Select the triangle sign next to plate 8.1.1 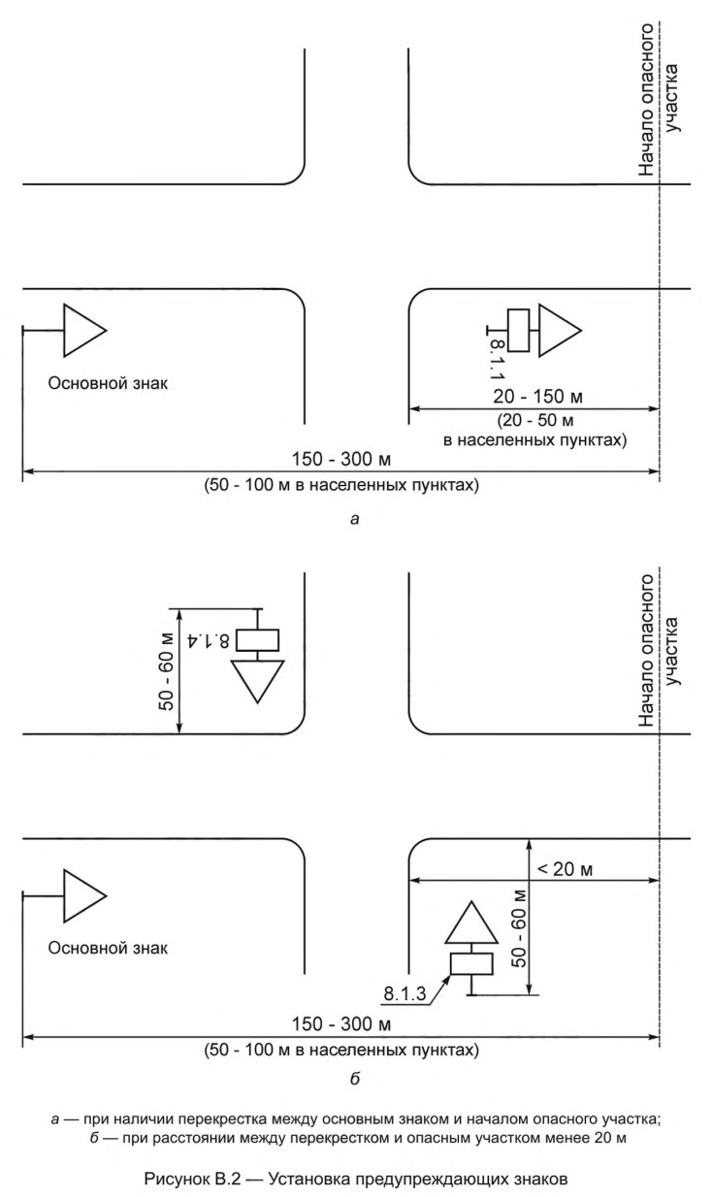tap(558, 331)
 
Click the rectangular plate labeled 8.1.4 tap(258, 640)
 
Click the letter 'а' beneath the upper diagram tap(355, 520)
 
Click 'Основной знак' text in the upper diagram tap(108, 382)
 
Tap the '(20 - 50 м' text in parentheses tap(534, 420)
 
